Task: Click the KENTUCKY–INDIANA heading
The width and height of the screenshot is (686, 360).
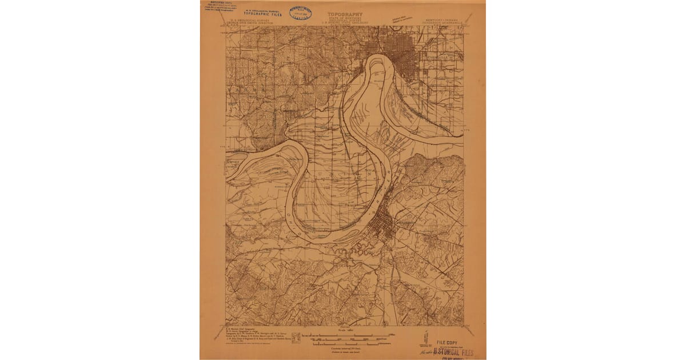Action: (442, 18)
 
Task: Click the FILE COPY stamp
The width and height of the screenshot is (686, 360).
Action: (448, 343)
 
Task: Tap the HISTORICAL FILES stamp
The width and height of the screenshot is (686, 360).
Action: (454, 353)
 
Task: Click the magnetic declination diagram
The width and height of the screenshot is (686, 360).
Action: (424, 336)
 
